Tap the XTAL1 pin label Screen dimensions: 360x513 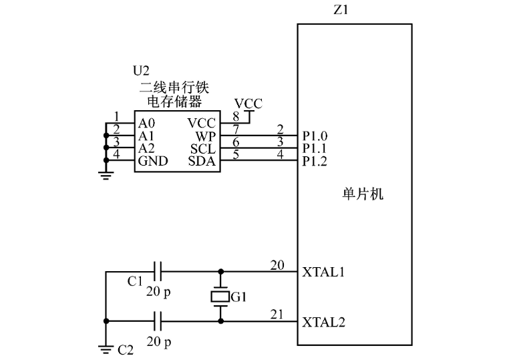click(x=325, y=273)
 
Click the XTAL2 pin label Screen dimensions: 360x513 click(x=325, y=321)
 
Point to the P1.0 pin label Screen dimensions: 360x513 click(x=315, y=136)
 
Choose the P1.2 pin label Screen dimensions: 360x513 click(x=315, y=161)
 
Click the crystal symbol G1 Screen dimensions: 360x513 click(x=220, y=297)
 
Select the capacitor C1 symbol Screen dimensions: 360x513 click(x=159, y=272)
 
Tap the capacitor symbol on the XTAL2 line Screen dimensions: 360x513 click(x=159, y=321)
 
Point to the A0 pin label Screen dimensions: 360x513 click(x=147, y=124)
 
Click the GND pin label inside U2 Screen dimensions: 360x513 click(x=152, y=161)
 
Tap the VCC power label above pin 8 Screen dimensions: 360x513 click(x=248, y=104)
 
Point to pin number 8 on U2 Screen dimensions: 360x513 click(x=235, y=117)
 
